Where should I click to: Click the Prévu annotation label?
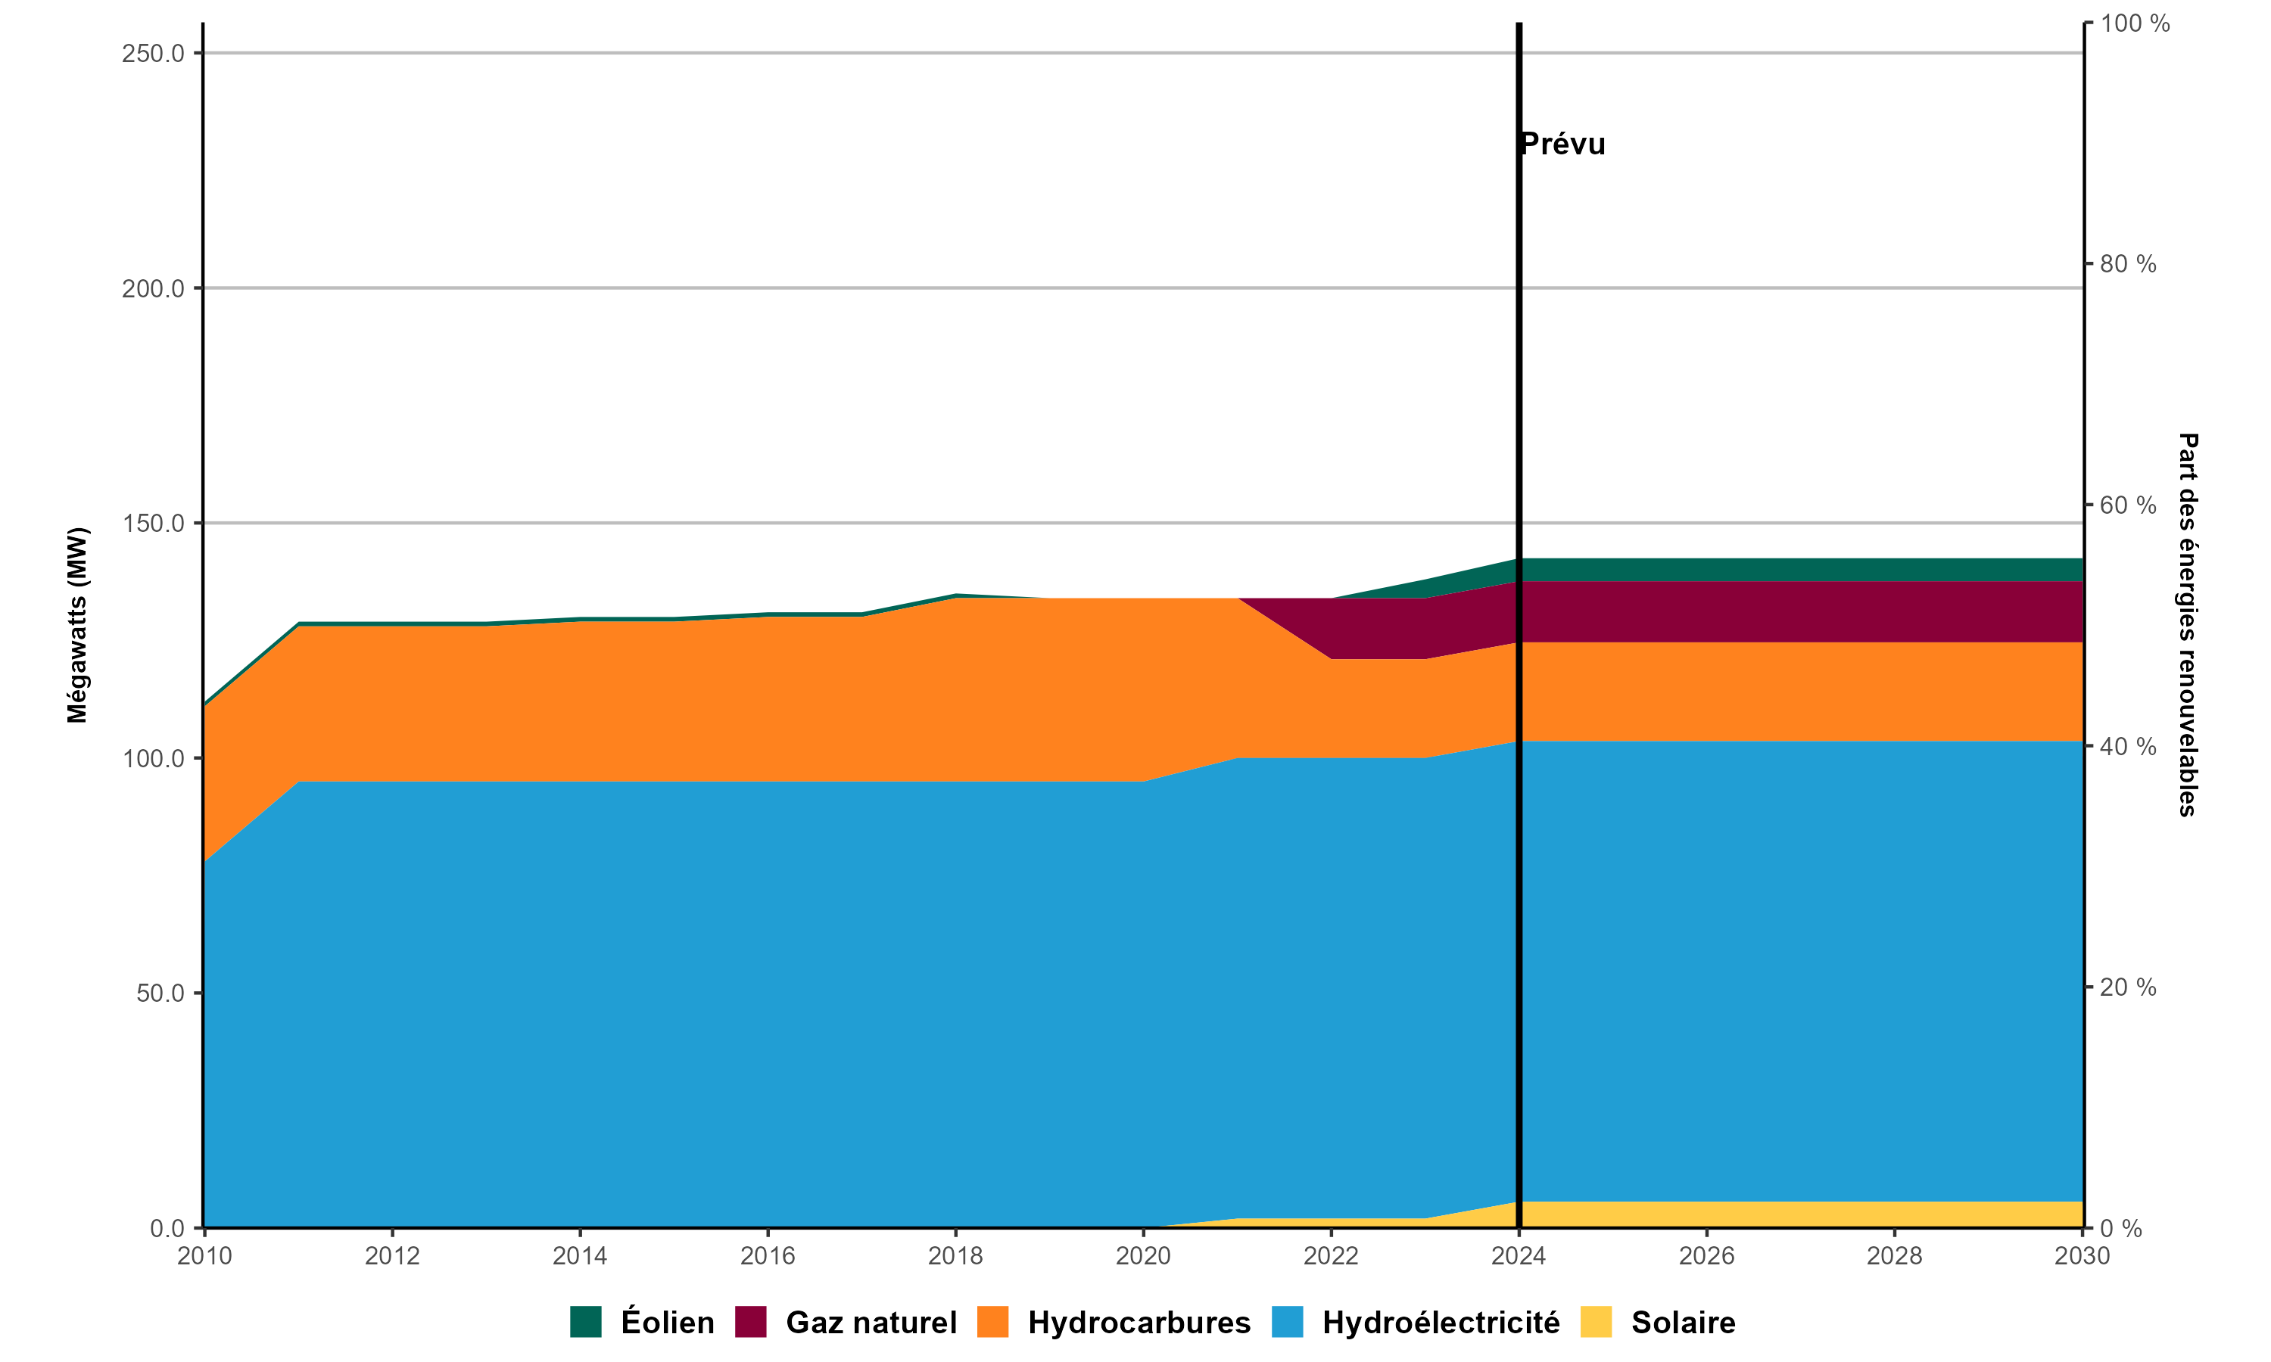point(1562,144)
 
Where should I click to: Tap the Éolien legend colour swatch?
point(586,1322)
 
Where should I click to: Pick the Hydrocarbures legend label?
point(1139,1322)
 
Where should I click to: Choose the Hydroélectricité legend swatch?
point(1287,1322)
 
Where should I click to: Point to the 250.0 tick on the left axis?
point(154,53)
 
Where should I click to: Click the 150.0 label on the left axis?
point(154,523)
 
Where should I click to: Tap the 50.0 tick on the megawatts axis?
point(160,993)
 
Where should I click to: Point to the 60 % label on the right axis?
point(2128,505)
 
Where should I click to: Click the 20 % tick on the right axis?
point(2128,987)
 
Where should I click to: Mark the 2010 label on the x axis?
point(204,1255)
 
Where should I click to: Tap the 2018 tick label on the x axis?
point(955,1255)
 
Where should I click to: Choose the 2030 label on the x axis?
point(2082,1255)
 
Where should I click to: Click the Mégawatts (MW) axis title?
point(77,625)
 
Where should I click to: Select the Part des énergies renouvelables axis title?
point(2188,625)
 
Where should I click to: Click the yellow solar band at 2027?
point(1800,1214)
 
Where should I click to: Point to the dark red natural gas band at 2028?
point(1894,611)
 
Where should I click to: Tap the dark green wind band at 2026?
point(1706,569)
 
